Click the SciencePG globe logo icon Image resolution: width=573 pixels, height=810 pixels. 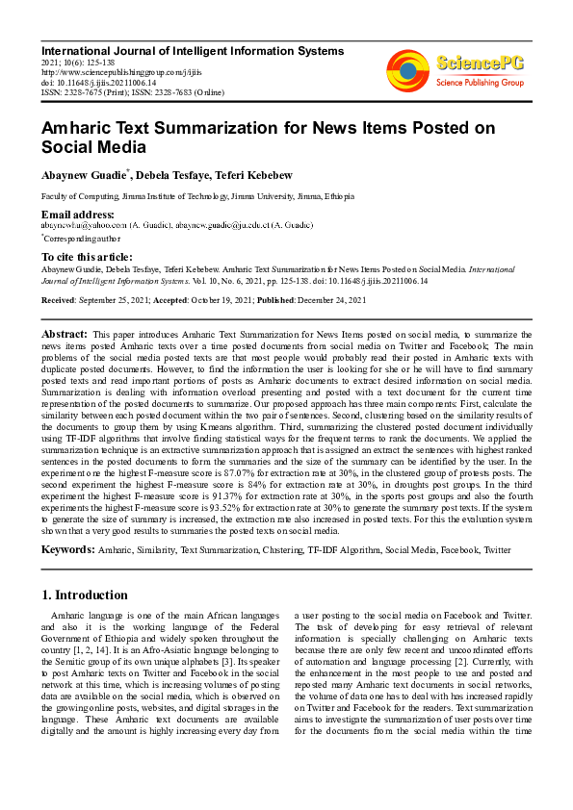(407, 69)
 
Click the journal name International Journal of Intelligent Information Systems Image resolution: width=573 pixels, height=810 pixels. (192, 50)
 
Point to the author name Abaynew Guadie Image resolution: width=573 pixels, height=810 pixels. (81, 175)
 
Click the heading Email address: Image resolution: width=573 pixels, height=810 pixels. (77, 214)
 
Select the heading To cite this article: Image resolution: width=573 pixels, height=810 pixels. (87, 257)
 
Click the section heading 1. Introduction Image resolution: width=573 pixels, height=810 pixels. (85, 595)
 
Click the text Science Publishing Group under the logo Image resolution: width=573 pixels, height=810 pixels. (480, 84)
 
